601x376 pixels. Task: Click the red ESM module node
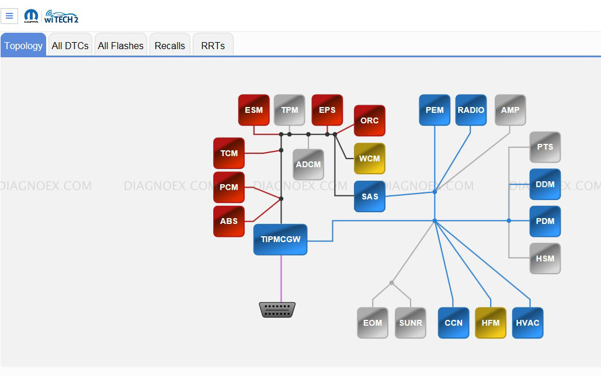[253, 110]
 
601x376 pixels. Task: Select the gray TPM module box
[290, 110]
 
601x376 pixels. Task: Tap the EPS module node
[327, 110]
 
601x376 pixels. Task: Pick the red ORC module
[369, 120]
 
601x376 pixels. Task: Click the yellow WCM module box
[369, 158]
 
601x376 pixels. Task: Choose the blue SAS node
[369, 196]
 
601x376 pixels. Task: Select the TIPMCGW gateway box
[280, 239]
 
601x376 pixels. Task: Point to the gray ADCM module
[308, 164]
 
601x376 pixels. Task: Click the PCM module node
[229, 187]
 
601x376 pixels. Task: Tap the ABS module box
[229, 221]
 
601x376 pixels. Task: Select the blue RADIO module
[471, 110]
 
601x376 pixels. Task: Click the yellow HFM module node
[491, 323]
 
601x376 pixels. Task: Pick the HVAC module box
[528, 323]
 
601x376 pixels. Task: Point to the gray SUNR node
[410, 323]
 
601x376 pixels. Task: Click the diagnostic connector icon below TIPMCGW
[277, 310]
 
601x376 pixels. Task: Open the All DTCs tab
[70, 46]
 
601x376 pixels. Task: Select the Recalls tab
[169, 46]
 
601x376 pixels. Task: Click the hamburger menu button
[9, 16]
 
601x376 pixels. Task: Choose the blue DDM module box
[545, 184]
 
